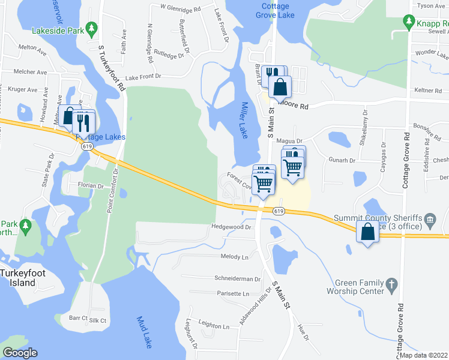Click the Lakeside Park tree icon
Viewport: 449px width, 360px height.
(91, 28)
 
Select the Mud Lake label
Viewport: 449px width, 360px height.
(144, 332)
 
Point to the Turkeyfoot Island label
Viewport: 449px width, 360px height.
(23, 278)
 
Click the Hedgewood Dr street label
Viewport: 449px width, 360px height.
(231, 227)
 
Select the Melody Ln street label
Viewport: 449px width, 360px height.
(235, 257)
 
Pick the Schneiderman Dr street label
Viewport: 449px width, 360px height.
(238, 279)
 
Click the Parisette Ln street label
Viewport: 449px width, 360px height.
(232, 294)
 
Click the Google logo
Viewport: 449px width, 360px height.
(20, 353)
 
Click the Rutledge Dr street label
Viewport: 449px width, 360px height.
(167, 56)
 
